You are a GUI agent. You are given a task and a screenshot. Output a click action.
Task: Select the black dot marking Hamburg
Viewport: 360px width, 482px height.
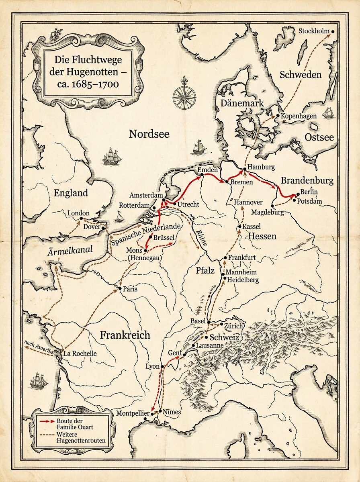tap(244, 170)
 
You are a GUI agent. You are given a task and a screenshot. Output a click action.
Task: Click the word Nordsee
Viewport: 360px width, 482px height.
tap(149, 134)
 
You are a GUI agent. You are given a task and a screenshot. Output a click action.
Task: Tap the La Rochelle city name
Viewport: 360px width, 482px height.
tap(80, 353)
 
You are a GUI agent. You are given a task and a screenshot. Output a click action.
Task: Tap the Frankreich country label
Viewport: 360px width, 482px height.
tap(125, 335)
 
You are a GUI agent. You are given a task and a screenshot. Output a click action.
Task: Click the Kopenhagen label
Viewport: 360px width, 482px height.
tap(299, 116)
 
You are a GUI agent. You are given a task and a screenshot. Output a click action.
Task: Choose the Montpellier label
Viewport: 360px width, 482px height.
tap(133, 413)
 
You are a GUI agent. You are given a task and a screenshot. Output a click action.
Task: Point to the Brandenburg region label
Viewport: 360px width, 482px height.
tap(307, 180)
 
